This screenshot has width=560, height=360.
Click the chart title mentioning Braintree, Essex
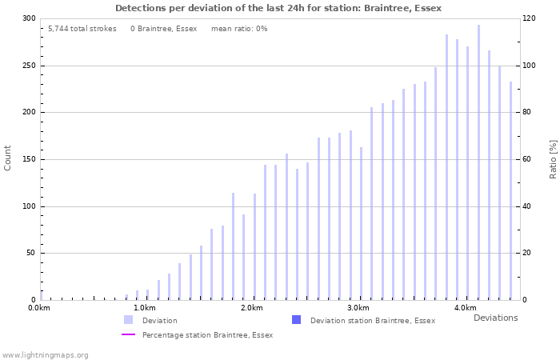[278, 8]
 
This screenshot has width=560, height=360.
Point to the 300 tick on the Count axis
[29, 18]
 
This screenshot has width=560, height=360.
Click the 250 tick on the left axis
[29, 66]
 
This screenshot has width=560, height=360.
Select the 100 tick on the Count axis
[29, 206]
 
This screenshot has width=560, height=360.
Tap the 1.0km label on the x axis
[144, 308]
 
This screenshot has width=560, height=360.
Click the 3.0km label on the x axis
[358, 308]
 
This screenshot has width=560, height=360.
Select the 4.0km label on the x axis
[465, 308]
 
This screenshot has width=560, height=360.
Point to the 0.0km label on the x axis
[39, 308]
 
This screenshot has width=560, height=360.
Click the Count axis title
[8, 158]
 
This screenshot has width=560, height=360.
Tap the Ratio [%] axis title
[553, 158]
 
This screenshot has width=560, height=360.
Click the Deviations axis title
[495, 318]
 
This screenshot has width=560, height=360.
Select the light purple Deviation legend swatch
[128, 320]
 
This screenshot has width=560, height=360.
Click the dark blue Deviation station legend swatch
[296, 320]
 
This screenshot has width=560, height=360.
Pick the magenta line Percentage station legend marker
[128, 334]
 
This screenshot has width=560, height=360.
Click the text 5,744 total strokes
[82, 29]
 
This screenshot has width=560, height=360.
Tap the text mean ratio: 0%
[239, 29]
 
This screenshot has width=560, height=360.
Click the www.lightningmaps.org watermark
[45, 354]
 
